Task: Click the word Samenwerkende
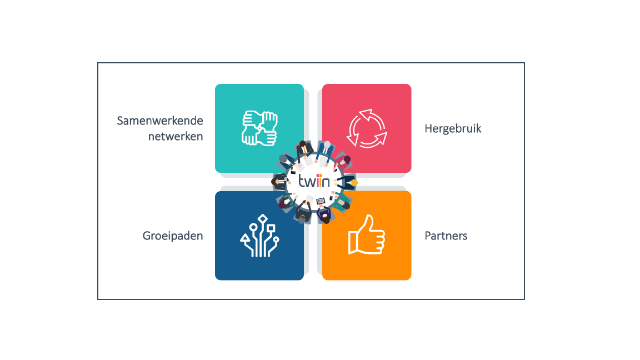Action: [159, 121]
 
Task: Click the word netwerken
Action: [176, 136]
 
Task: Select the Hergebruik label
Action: [453, 129]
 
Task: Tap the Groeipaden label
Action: [173, 236]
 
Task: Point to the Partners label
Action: [446, 236]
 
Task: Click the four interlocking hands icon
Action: [259, 128]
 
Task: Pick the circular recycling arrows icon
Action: [367, 128]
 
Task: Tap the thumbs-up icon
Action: [367, 234]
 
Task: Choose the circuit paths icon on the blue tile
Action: [259, 236]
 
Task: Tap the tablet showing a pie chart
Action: [321, 201]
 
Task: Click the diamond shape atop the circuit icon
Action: [262, 219]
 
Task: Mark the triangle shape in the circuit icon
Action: [245, 238]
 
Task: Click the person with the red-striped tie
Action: [280, 181]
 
